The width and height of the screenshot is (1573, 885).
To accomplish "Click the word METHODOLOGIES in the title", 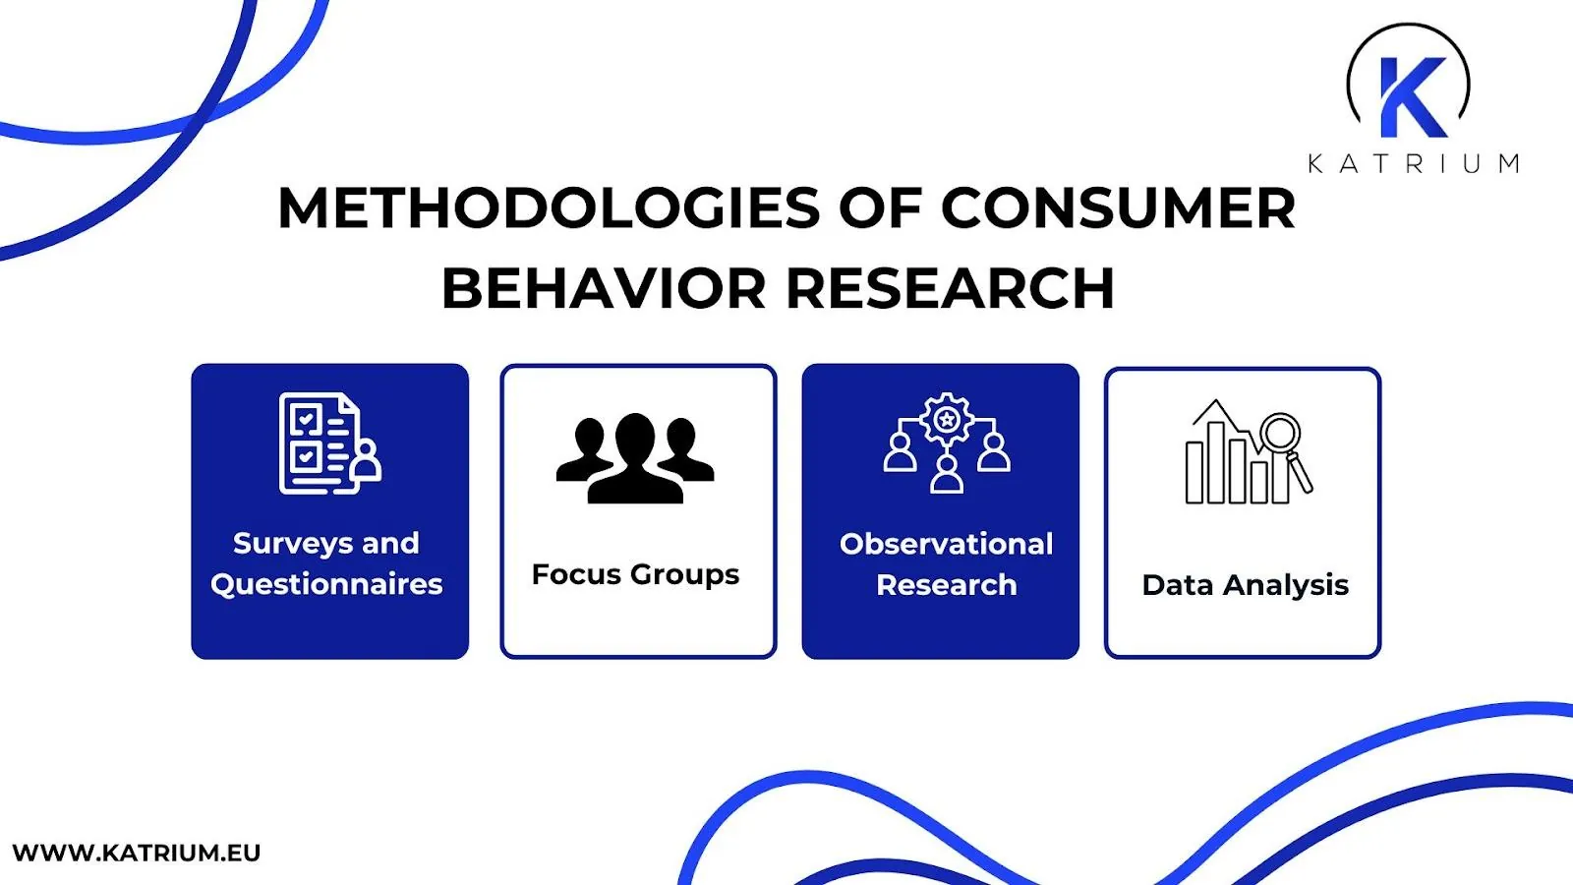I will coord(549,208).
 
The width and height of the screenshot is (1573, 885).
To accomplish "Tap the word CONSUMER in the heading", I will coord(1118,208).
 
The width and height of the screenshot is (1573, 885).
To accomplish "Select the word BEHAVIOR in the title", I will coord(603,289).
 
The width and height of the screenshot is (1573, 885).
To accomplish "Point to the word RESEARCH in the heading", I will coord(950,289).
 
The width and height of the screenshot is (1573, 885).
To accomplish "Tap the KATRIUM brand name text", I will coord(1413,163).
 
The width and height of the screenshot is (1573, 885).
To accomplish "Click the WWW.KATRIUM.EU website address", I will coord(137,853).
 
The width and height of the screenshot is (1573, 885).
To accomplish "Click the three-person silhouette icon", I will coord(635,458).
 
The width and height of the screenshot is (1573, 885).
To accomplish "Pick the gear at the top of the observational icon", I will coord(947,420).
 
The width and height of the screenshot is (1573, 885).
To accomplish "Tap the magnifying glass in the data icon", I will coord(1282,434).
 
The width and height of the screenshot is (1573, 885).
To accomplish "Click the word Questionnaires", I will coord(326,584).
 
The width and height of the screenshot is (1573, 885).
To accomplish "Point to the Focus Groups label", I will coord(635,574).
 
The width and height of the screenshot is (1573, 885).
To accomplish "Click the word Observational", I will coord(946,544).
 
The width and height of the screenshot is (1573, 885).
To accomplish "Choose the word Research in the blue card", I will coord(946,585).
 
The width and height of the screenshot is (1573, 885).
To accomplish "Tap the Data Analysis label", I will coord(1245,585).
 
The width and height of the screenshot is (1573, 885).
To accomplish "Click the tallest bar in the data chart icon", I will coord(1217,462).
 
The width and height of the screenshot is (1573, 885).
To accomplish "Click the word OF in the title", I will coord(880,208).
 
